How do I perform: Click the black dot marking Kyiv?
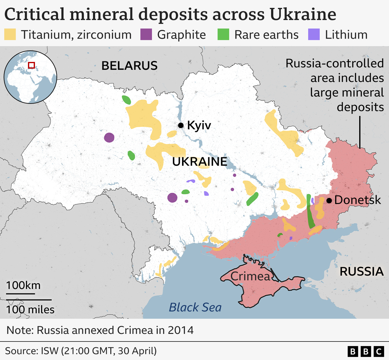[x=181, y=125]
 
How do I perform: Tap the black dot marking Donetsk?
[x=329, y=201]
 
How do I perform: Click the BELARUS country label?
[x=129, y=66]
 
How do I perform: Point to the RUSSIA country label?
[x=361, y=271]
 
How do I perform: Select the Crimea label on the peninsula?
[x=250, y=276]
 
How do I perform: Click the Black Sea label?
[x=195, y=307]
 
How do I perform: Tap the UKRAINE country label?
[x=200, y=161]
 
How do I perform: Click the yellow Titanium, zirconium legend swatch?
[x=10, y=35]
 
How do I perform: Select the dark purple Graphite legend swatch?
[x=146, y=35]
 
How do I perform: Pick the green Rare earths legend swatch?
[x=223, y=35]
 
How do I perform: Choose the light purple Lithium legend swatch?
[x=314, y=35]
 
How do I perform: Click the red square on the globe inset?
[x=31, y=65]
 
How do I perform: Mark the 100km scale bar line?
[x=20, y=294]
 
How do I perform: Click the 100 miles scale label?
[x=30, y=310]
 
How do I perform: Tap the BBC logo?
[x=366, y=352]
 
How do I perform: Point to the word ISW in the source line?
[x=50, y=351]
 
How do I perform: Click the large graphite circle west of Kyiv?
[x=109, y=138]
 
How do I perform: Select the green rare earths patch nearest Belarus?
[x=126, y=100]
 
